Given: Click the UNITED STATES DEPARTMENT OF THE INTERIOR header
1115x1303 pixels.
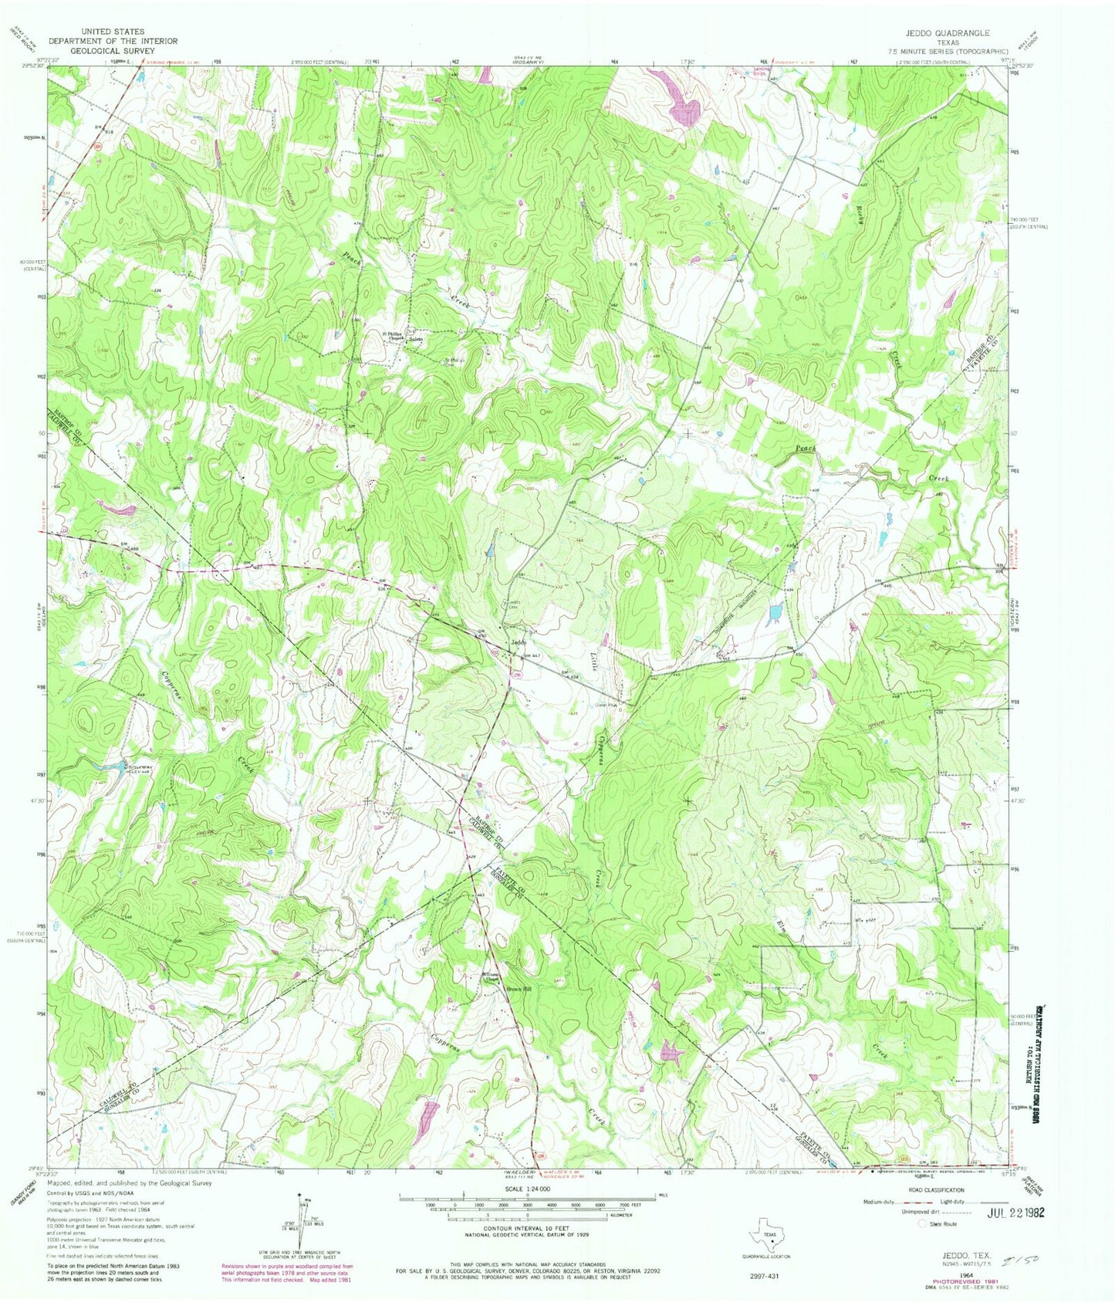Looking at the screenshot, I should pyautogui.click(x=113, y=41).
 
